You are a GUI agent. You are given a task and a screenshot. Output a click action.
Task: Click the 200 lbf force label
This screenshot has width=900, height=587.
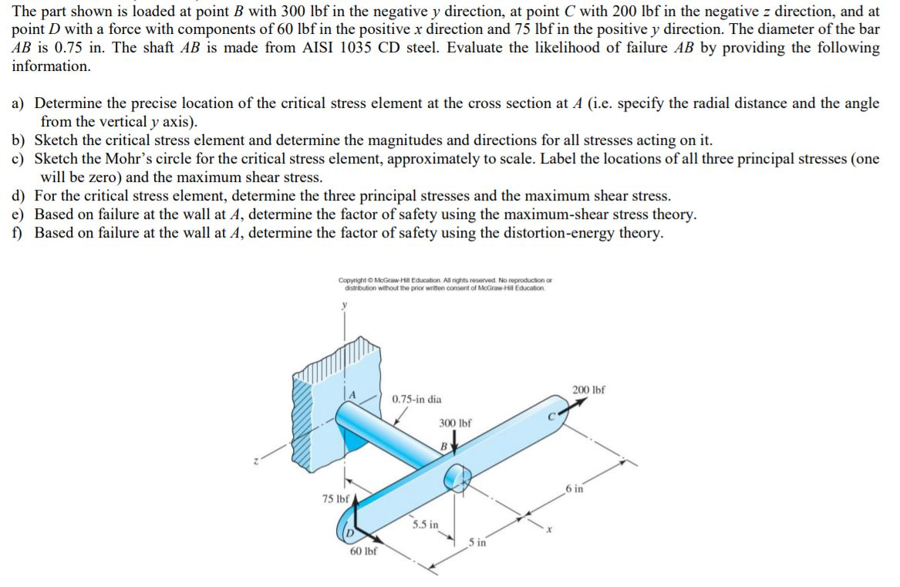tap(588, 390)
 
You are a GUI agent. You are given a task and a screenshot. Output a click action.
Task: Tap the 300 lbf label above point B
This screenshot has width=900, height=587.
tap(455, 423)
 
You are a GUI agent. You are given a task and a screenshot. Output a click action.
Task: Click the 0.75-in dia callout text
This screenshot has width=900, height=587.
tap(416, 400)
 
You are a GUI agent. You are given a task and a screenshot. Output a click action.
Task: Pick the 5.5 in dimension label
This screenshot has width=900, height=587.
tap(424, 525)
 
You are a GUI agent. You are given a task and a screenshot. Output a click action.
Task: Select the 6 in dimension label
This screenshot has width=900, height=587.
tap(574, 488)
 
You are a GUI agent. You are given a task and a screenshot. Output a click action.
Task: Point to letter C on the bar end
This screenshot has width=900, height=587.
tap(552, 417)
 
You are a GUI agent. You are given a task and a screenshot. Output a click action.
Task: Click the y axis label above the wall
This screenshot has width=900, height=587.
tap(345, 305)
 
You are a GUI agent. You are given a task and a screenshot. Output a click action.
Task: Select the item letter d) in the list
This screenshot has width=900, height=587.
tap(19, 196)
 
